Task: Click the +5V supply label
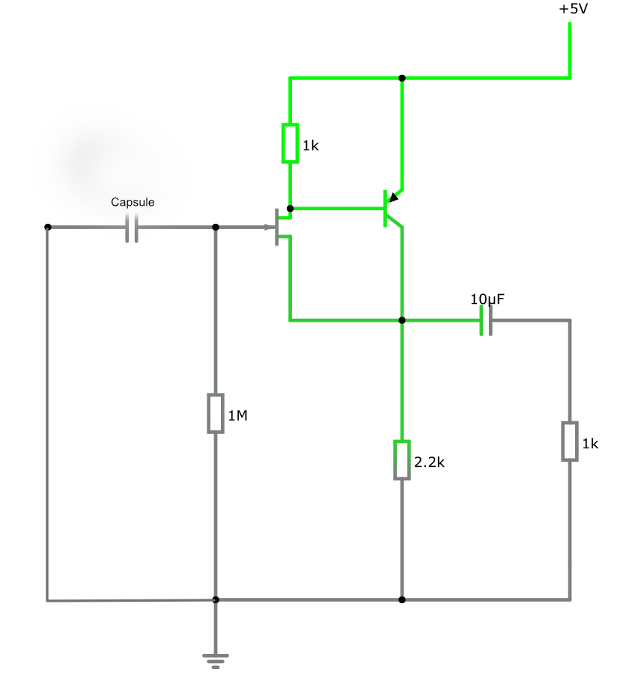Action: [573, 10]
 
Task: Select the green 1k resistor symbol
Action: [290, 143]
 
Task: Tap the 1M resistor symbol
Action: [216, 413]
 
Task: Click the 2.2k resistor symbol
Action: [402, 459]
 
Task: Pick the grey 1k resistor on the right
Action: [570, 442]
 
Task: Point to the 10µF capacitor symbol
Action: [486, 320]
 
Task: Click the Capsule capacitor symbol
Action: [132, 227]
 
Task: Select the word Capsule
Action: [133, 202]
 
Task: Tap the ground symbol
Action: [216, 659]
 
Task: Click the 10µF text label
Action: [487, 299]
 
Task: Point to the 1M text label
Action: [237, 415]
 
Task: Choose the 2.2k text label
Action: [429, 462]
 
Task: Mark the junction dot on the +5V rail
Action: [402, 78]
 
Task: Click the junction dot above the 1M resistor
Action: [216, 227]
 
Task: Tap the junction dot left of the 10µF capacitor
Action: [402, 320]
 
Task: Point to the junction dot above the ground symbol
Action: [216, 599]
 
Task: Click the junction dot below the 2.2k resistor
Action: [402, 599]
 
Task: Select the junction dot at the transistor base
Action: [290, 208]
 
